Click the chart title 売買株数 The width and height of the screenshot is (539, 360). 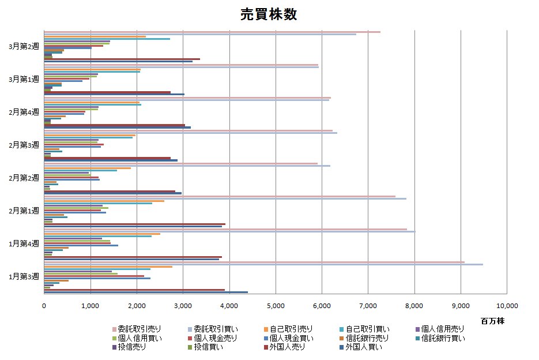coord(269,15)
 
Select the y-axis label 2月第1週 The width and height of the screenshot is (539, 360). coord(24,211)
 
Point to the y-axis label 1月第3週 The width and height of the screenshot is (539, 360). coord(24,276)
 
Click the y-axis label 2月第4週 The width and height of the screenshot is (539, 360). coord(24,111)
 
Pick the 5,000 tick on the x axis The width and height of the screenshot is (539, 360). coord(276,305)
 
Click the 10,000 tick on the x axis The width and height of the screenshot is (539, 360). coord(506,305)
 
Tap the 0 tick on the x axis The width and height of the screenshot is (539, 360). coord(44,305)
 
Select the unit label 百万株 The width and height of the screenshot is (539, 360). coord(492,321)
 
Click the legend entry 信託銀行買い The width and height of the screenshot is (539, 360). coord(443,338)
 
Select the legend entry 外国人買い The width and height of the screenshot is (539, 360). coord(364,347)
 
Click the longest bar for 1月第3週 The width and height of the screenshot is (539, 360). coord(263,264)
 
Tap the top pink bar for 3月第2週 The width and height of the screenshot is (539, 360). coord(212,32)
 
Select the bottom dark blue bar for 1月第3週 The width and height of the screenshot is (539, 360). coord(146,292)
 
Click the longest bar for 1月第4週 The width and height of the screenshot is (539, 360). coord(229,232)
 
